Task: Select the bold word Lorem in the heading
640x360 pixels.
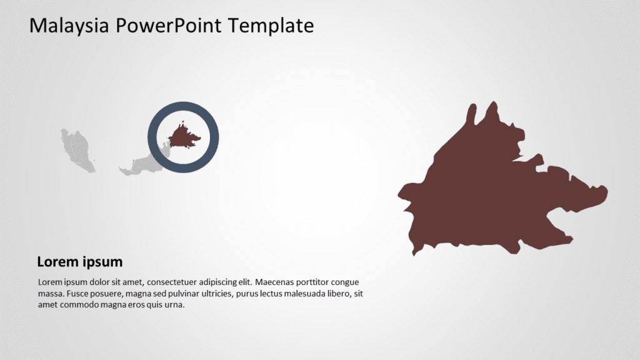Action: (x=57, y=262)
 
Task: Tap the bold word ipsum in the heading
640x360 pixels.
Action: (x=101, y=262)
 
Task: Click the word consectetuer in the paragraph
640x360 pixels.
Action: (x=182, y=282)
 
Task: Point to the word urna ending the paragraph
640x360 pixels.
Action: (x=174, y=305)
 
